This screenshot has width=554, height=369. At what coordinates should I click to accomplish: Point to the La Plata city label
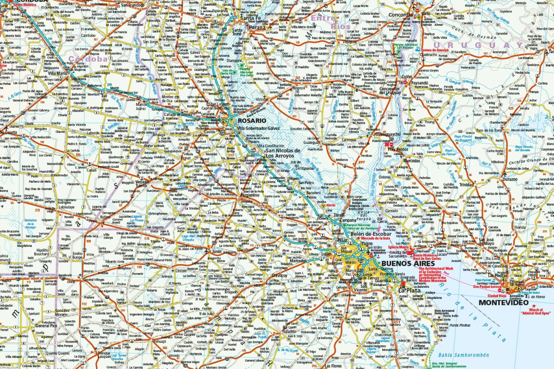click(x=409, y=291)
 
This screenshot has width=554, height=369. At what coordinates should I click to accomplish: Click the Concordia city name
click(x=401, y=15)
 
